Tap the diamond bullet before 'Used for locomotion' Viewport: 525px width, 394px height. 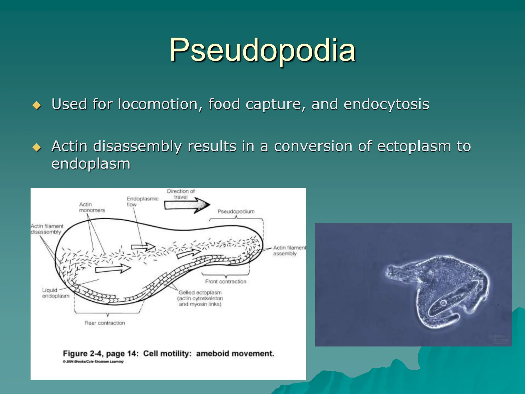click(x=37, y=105)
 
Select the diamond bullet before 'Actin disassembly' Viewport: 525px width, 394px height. click(x=37, y=147)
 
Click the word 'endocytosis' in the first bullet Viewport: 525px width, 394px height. click(x=386, y=104)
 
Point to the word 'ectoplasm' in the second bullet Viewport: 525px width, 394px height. click(x=414, y=146)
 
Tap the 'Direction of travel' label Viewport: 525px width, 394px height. click(x=181, y=194)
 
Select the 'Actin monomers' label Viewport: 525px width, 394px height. click(x=92, y=207)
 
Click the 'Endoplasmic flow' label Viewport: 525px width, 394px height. click(x=142, y=201)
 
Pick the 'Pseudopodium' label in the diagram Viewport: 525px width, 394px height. click(x=236, y=211)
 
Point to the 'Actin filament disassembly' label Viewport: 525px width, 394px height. click(x=47, y=229)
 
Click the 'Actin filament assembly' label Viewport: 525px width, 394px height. click(x=289, y=251)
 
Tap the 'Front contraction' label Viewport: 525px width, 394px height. click(x=226, y=281)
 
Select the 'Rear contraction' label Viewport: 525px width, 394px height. click(x=105, y=323)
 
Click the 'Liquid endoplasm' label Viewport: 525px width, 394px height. click(x=56, y=293)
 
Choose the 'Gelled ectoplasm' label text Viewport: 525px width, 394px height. click(x=200, y=298)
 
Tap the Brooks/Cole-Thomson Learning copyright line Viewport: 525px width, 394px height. click(x=93, y=362)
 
